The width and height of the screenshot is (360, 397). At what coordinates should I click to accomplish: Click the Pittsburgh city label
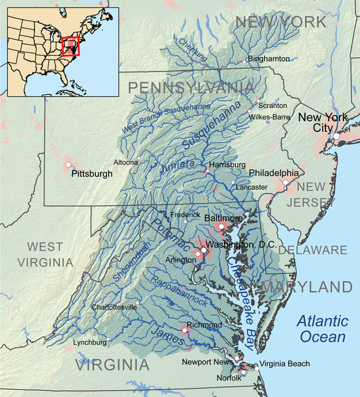[91, 174]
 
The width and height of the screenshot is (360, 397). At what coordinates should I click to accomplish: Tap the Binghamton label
[269, 59]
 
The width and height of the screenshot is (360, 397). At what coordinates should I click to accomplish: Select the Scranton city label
[272, 105]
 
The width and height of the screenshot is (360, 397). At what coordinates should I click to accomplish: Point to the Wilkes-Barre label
[269, 117]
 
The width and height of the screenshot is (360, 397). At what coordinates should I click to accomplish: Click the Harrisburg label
[227, 164]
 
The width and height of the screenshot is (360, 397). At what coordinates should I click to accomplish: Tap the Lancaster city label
[251, 188]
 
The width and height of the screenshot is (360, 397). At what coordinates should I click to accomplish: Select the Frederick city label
[186, 215]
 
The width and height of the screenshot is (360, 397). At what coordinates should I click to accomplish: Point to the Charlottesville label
[114, 308]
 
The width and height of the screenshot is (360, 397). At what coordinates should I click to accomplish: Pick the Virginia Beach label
[284, 365]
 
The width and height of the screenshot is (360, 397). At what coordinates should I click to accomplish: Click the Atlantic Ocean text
[322, 329]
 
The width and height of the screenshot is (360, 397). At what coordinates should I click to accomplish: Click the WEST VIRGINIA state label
[46, 255]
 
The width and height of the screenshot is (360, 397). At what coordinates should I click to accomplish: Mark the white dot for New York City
[337, 136]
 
